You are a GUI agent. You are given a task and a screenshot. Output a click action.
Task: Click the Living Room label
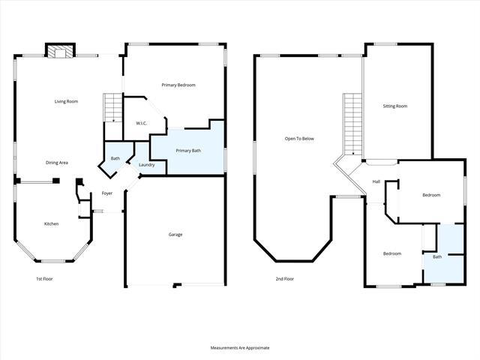tap(66, 101)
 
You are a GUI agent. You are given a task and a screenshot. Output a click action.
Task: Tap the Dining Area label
tap(58, 162)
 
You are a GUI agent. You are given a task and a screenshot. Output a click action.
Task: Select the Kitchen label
tap(51, 223)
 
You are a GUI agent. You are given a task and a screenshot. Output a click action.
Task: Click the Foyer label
tap(107, 193)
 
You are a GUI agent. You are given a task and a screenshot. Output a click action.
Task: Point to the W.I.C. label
tap(140, 123)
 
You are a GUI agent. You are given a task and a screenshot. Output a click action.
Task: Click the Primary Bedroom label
tap(178, 85)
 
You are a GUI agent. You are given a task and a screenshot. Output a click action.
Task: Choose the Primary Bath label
tap(188, 151)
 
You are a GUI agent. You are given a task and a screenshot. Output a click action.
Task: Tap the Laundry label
tap(147, 165)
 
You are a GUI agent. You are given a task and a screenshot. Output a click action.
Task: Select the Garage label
tap(175, 235)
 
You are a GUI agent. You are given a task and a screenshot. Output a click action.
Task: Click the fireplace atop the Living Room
tap(59, 50)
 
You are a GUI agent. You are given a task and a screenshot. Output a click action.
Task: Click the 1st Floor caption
tap(44, 279)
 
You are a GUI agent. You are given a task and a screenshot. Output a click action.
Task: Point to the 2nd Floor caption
tap(284, 279)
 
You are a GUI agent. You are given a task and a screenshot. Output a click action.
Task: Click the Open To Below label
tap(298, 139)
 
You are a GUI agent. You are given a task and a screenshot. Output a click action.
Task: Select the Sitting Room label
tap(395, 106)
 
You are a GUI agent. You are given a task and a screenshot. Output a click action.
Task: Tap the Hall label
tap(376, 181)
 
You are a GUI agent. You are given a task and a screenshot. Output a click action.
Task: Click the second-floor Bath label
tap(437, 256)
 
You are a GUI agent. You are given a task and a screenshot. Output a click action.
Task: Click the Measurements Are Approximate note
tap(239, 348)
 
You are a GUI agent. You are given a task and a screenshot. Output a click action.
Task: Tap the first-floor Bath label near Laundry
tap(115, 158)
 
